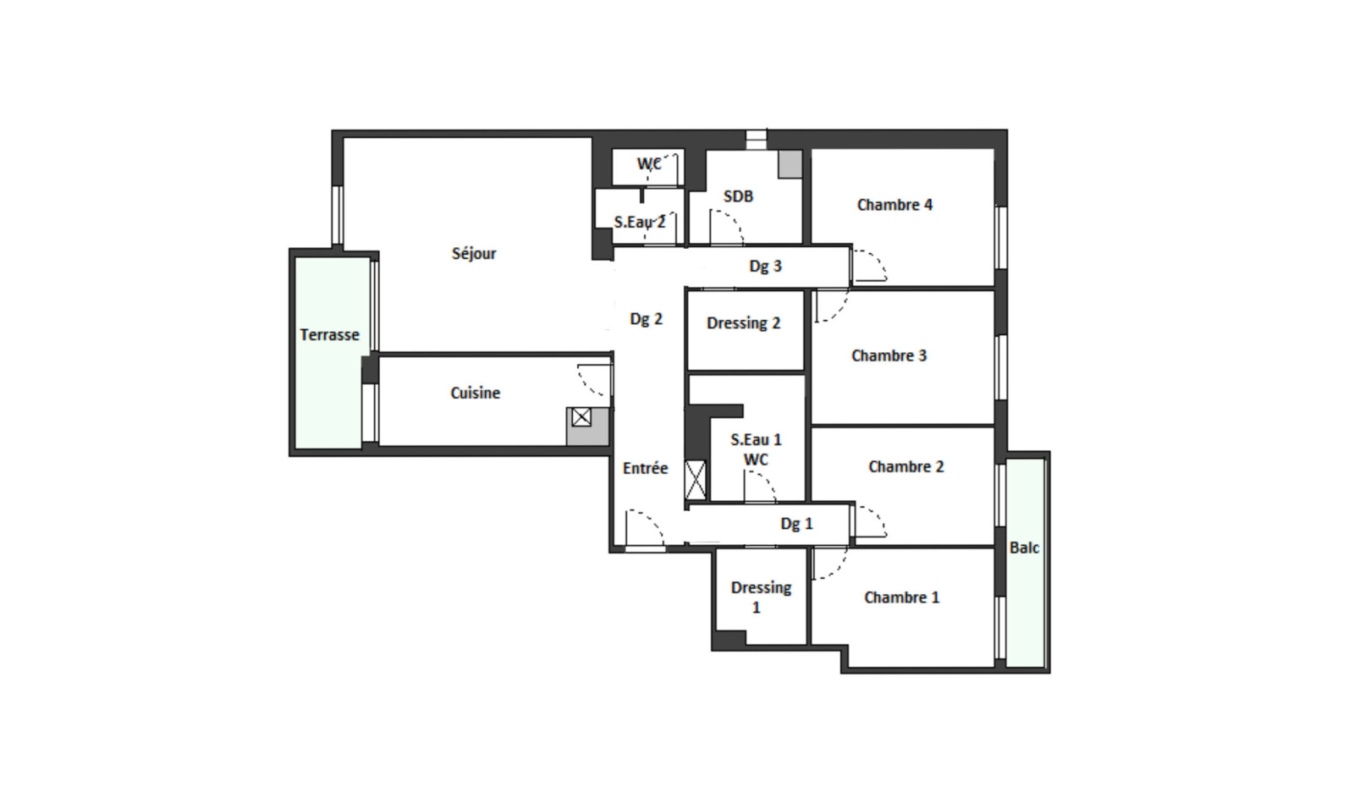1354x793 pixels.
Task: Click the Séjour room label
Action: click(474, 254)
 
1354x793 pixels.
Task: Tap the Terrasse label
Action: click(329, 335)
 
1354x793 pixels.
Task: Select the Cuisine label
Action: click(475, 393)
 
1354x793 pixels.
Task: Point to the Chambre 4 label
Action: click(894, 205)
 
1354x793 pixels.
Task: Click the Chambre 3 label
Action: click(889, 355)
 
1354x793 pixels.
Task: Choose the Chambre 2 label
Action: click(905, 466)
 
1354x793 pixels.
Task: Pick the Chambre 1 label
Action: click(901, 598)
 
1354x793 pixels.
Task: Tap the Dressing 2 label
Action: click(744, 323)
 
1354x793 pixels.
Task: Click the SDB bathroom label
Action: click(738, 196)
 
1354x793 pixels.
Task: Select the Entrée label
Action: click(645, 468)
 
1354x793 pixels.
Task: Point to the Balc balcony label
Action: click(1024, 548)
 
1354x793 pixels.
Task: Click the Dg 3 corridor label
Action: click(765, 266)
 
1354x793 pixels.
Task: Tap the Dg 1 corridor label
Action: click(796, 523)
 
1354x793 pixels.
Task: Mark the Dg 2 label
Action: click(647, 318)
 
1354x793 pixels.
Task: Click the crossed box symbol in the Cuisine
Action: click(581, 417)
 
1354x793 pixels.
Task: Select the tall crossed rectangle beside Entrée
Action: click(695, 480)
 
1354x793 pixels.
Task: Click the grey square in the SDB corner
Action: click(790, 164)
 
